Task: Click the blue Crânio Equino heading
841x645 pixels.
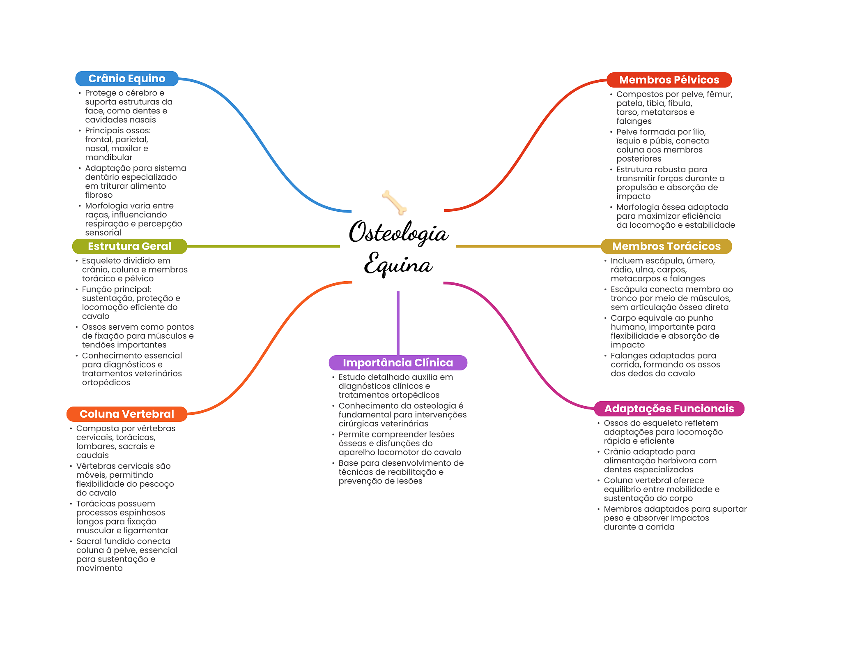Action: pyautogui.click(x=126, y=79)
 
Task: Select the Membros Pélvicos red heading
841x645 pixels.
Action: pyautogui.click(x=669, y=80)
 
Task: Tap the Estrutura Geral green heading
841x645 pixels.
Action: pyautogui.click(x=129, y=246)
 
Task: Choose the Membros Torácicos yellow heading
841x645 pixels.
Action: pyautogui.click(x=666, y=246)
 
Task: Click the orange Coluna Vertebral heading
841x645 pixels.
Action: pyautogui.click(x=126, y=414)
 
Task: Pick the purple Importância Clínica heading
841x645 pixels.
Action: pyautogui.click(x=398, y=363)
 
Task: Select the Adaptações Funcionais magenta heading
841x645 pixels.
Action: pyautogui.click(x=669, y=409)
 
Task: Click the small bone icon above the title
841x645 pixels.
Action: pyautogui.click(x=394, y=202)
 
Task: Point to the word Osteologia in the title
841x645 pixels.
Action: pyautogui.click(x=398, y=233)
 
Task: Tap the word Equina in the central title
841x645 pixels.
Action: pyautogui.click(x=398, y=264)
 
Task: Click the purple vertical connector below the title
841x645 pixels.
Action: pyautogui.click(x=398, y=323)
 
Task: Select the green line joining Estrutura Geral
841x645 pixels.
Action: pyautogui.click(x=263, y=246)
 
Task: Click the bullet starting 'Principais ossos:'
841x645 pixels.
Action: pyautogui.click(x=118, y=144)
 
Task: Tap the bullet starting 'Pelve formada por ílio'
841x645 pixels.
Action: pyautogui.click(x=662, y=145)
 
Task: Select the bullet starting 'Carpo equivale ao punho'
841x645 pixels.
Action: pyautogui.click(x=665, y=331)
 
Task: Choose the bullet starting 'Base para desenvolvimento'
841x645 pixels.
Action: pyautogui.click(x=401, y=472)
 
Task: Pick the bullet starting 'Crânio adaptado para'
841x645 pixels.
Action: pyautogui.click(x=660, y=460)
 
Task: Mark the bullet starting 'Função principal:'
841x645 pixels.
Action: pyautogui.click(x=131, y=303)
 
